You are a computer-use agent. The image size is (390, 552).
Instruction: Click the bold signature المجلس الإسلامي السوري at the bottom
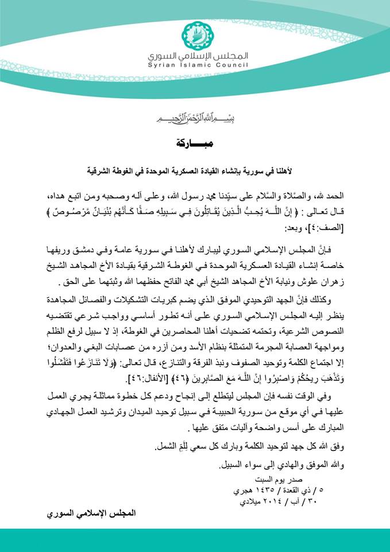(x=92, y=513)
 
